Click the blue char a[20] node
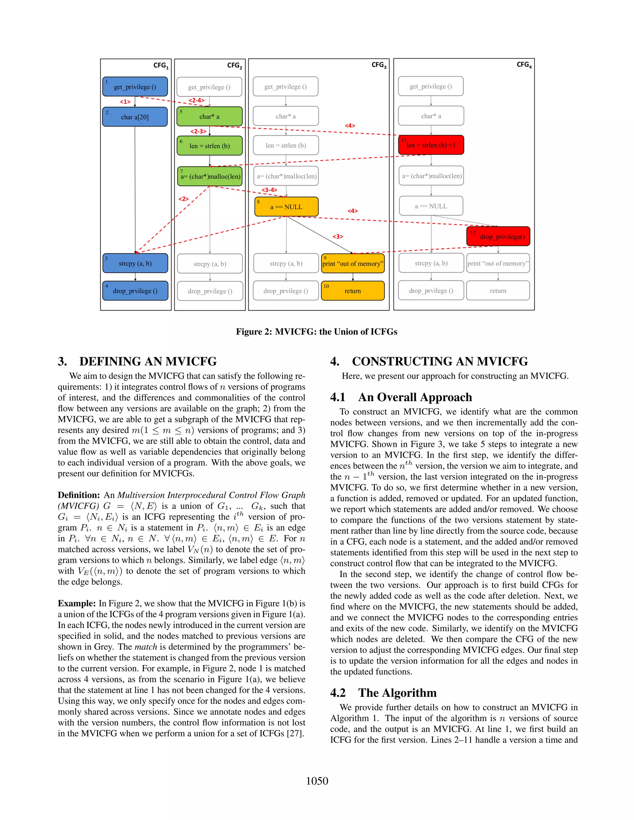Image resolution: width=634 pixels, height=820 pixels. (x=135, y=117)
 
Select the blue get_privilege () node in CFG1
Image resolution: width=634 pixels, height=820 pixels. (x=135, y=87)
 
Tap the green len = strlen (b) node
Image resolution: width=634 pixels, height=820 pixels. (x=210, y=146)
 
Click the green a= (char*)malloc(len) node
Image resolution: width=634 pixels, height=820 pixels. (x=210, y=176)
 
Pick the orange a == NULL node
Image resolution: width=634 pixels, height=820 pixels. (x=286, y=207)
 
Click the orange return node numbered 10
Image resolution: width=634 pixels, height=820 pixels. (x=353, y=291)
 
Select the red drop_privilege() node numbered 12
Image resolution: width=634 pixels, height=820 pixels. (x=498, y=236)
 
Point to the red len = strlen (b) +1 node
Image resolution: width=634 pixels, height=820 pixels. (x=431, y=145)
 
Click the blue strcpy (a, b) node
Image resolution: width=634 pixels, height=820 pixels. (x=135, y=263)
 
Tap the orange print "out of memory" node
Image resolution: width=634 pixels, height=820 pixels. (x=353, y=263)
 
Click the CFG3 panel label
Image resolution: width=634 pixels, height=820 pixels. (x=379, y=65)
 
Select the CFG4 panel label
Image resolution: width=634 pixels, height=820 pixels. (x=524, y=65)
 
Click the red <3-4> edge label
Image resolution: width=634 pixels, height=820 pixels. (x=269, y=190)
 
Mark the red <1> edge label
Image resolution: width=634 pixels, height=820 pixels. (x=125, y=102)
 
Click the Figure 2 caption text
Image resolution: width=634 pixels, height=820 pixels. (x=316, y=331)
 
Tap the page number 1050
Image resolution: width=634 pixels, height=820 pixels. (x=317, y=781)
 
